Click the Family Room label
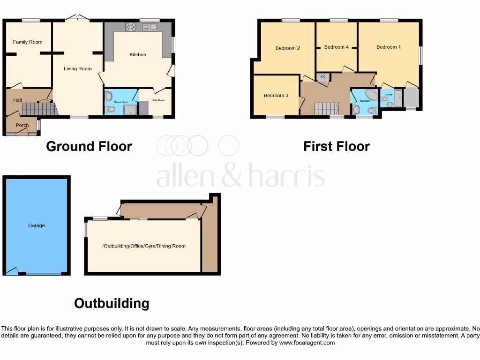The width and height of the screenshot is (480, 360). [x=27, y=42]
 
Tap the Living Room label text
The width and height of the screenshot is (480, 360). [x=78, y=69]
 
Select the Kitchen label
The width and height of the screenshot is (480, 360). [x=138, y=55]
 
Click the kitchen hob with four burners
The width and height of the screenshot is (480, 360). [x=130, y=27]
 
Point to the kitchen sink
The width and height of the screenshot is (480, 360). [x=150, y=27]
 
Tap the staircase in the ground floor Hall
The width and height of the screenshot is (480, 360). [x=38, y=109]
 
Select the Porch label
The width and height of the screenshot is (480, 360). [x=22, y=125]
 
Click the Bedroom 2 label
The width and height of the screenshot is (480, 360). [x=287, y=48]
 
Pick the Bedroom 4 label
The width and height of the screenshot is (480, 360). [x=337, y=47]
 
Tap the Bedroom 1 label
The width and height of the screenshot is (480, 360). [x=389, y=47]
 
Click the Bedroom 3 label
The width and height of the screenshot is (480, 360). [x=276, y=96]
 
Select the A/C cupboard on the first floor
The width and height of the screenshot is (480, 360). [x=322, y=77]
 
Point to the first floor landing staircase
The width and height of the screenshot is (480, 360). [x=326, y=109]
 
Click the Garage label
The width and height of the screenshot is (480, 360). [x=36, y=225]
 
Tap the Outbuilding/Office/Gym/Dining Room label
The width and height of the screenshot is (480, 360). [x=143, y=246]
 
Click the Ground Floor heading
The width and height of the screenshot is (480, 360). [x=89, y=147]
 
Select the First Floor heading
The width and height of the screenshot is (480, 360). [x=337, y=147]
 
